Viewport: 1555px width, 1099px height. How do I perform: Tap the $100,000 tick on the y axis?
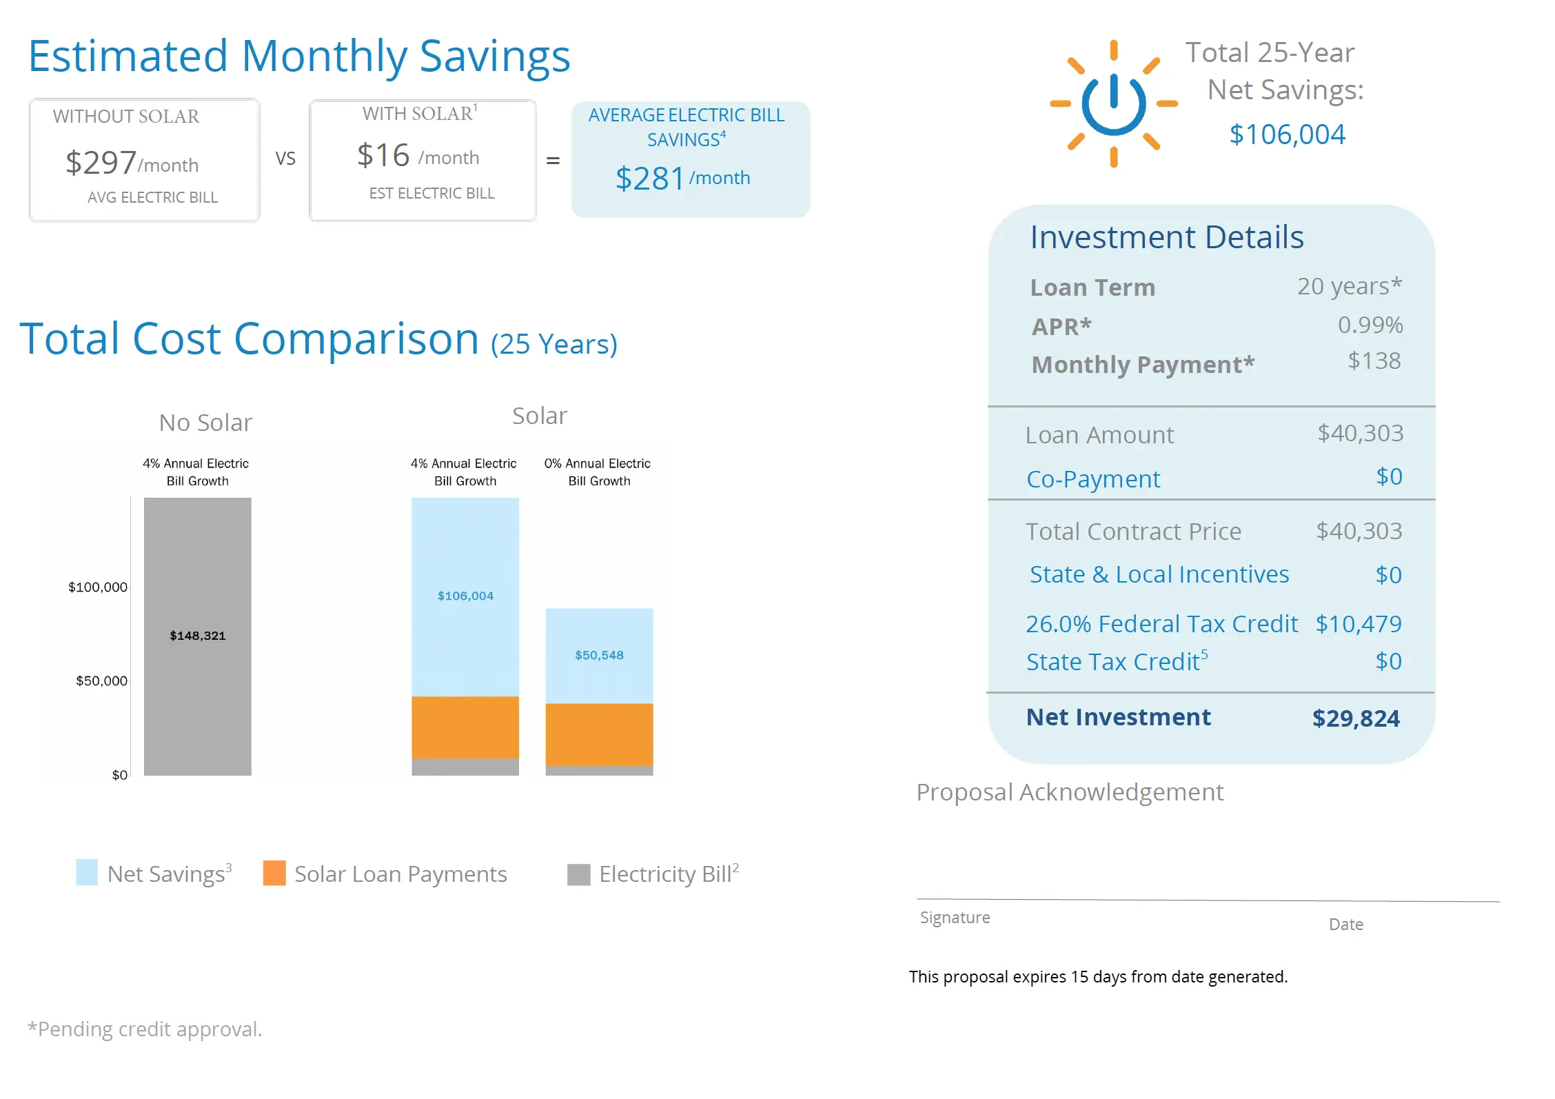[98, 587]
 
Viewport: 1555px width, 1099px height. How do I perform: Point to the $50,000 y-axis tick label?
[102, 681]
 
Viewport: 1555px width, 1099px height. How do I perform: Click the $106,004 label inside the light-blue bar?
[465, 596]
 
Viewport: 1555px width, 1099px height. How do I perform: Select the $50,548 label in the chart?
[599, 655]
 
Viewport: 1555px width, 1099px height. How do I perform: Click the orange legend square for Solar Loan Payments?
[274, 873]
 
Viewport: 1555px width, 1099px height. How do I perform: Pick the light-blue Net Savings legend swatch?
[87, 873]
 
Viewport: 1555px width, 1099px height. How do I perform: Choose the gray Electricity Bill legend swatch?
[579, 874]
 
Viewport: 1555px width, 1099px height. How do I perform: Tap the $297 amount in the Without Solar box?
[101, 163]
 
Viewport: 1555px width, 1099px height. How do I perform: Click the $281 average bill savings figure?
[649, 179]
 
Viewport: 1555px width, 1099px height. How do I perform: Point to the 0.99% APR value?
[1370, 325]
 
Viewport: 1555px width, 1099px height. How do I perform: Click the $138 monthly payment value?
[1374, 361]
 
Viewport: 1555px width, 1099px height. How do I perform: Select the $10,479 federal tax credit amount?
[1359, 624]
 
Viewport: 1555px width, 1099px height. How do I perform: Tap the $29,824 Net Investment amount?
[1356, 718]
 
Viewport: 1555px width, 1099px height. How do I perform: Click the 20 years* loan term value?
[1350, 286]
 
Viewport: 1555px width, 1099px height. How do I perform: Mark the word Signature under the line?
[955, 918]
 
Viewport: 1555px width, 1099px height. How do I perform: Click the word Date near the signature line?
[1345, 925]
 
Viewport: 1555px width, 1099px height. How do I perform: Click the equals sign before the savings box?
[553, 161]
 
